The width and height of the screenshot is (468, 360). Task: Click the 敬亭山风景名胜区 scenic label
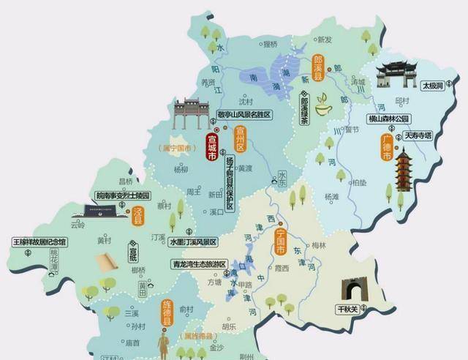click(x=244, y=115)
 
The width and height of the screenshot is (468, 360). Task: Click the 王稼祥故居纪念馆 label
click(x=39, y=241)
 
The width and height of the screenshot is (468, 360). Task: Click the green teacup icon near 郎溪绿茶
click(x=321, y=110)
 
